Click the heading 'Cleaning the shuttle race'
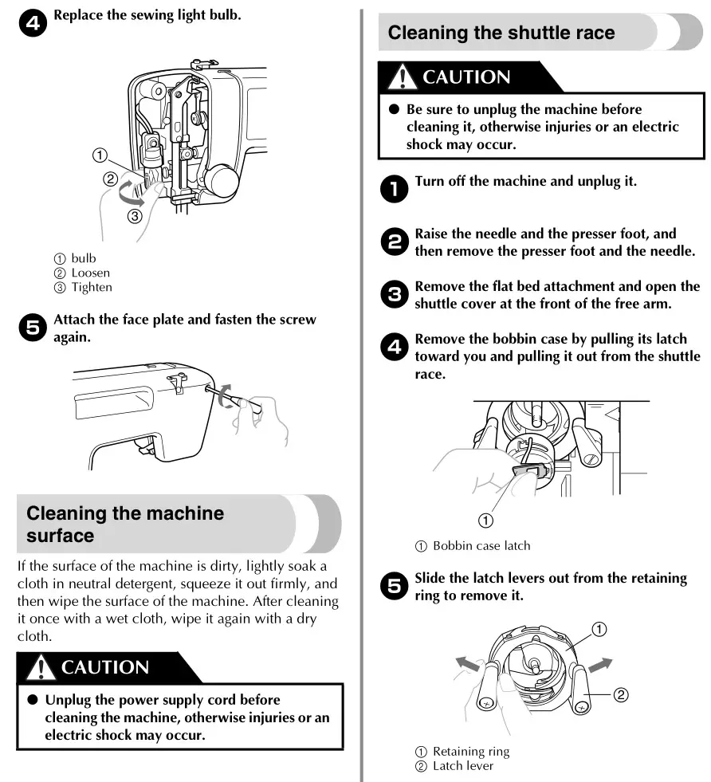coord(501,33)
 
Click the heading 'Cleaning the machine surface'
coord(125,524)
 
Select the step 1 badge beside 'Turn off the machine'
coord(393,189)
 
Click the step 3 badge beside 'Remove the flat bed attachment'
coord(393,295)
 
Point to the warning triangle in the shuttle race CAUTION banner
coord(403,77)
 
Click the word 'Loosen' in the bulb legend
coord(90,273)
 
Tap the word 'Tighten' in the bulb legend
coord(92,287)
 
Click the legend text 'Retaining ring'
coord(470,751)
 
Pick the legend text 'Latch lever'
coord(462,765)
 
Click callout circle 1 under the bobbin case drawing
coord(485,520)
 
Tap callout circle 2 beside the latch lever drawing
coord(621,694)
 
